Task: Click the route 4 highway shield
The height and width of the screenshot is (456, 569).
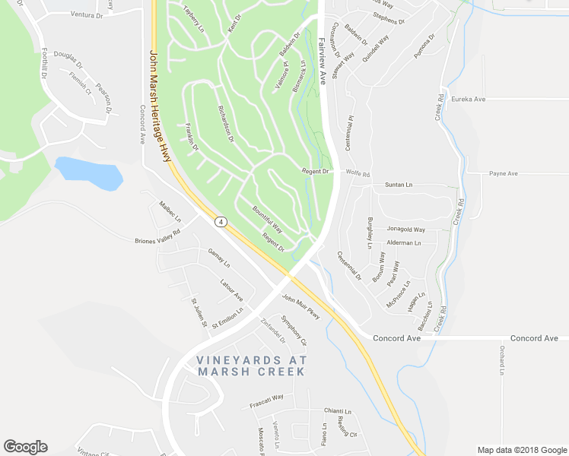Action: point(221,222)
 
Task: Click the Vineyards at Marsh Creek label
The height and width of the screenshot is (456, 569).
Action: point(250,366)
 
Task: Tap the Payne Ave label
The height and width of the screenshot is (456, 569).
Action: point(503,174)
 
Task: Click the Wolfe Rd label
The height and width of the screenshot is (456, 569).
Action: point(358,175)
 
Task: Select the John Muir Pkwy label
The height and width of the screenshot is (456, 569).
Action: point(302,306)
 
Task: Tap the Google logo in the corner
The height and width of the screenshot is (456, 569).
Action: point(25,447)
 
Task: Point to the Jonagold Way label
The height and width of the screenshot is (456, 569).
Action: point(405,229)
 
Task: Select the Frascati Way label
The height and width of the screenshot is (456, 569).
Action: point(266,401)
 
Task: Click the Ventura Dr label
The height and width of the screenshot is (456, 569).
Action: point(86,14)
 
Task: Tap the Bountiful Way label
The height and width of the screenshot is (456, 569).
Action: point(268,219)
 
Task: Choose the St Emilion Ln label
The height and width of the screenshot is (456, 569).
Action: point(227,316)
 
